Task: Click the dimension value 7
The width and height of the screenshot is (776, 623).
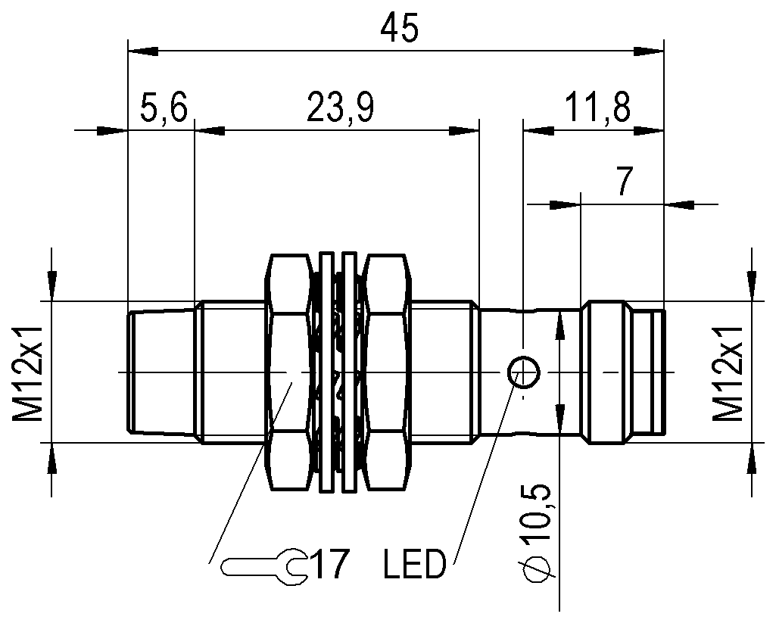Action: [x=625, y=181]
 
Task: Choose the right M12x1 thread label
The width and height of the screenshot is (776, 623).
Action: [x=728, y=373]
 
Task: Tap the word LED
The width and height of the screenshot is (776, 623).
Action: [x=415, y=564]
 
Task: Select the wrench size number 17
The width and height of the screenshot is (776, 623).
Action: [x=332, y=564]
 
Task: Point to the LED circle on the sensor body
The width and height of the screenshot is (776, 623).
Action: [x=522, y=372]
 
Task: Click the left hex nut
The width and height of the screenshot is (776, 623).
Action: [x=289, y=372]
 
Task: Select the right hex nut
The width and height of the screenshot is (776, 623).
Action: [x=388, y=372]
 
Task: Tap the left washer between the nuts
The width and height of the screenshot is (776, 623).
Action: [x=326, y=372]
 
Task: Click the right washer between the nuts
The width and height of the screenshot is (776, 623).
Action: [x=349, y=372]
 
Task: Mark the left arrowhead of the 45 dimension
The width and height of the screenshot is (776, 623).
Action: [x=143, y=51]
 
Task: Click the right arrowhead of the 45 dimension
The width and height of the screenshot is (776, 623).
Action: [x=648, y=51]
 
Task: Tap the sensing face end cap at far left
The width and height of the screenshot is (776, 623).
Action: [x=161, y=372]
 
